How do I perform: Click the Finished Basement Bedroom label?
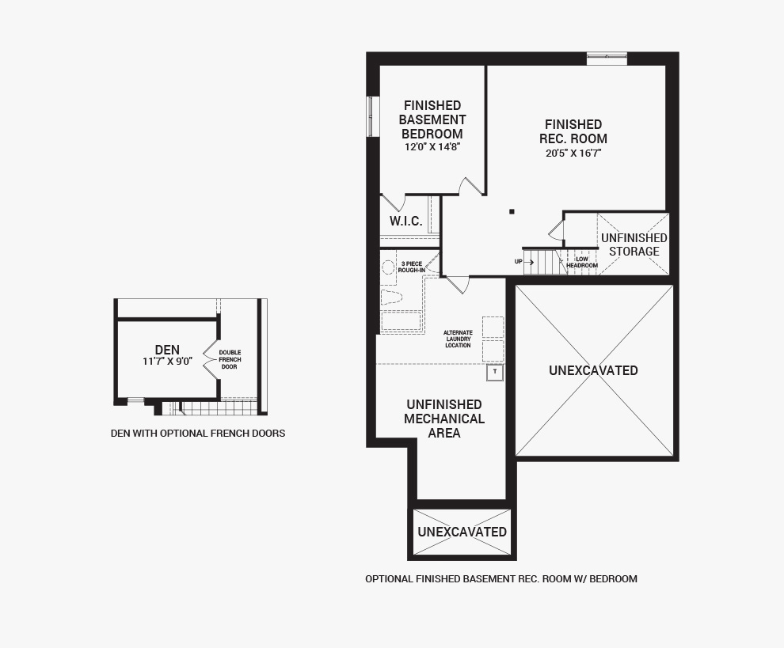point(432,120)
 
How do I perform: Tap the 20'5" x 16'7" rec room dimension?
point(573,153)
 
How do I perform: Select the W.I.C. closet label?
point(406,222)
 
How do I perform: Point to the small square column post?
point(512,212)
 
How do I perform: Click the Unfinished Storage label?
point(634,244)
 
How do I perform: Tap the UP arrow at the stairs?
point(528,261)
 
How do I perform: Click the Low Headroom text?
point(582,263)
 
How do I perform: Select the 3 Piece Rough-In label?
point(412,267)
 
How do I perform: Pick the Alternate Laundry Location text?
point(458,339)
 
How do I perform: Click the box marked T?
point(495,372)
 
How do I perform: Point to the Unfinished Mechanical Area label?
point(444,419)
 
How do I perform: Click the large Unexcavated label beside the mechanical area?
point(593,371)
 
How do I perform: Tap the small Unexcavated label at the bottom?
point(462,532)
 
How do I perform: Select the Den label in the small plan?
point(167,350)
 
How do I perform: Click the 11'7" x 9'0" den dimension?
point(168,362)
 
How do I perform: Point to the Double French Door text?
point(230,360)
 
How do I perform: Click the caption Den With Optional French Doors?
point(198,434)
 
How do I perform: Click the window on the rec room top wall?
point(607,59)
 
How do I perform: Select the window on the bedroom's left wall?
point(372,116)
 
